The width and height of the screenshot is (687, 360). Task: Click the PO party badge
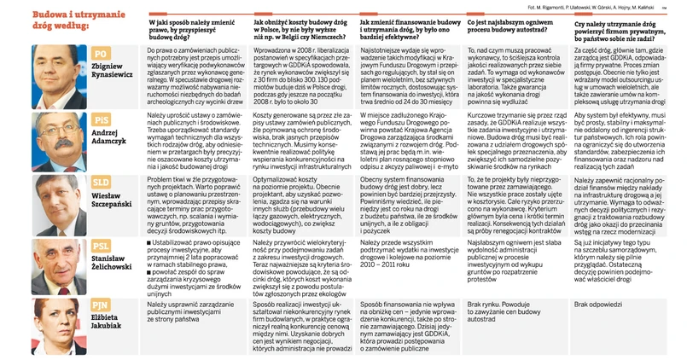101,54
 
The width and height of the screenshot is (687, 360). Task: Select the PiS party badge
102,119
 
